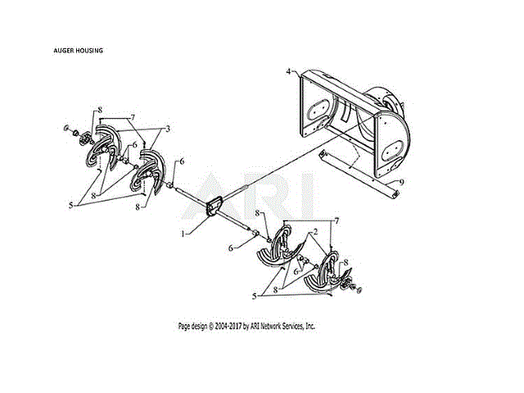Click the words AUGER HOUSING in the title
(79, 52)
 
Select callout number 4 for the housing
(289, 72)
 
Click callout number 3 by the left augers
(167, 129)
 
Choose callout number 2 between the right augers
(314, 233)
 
